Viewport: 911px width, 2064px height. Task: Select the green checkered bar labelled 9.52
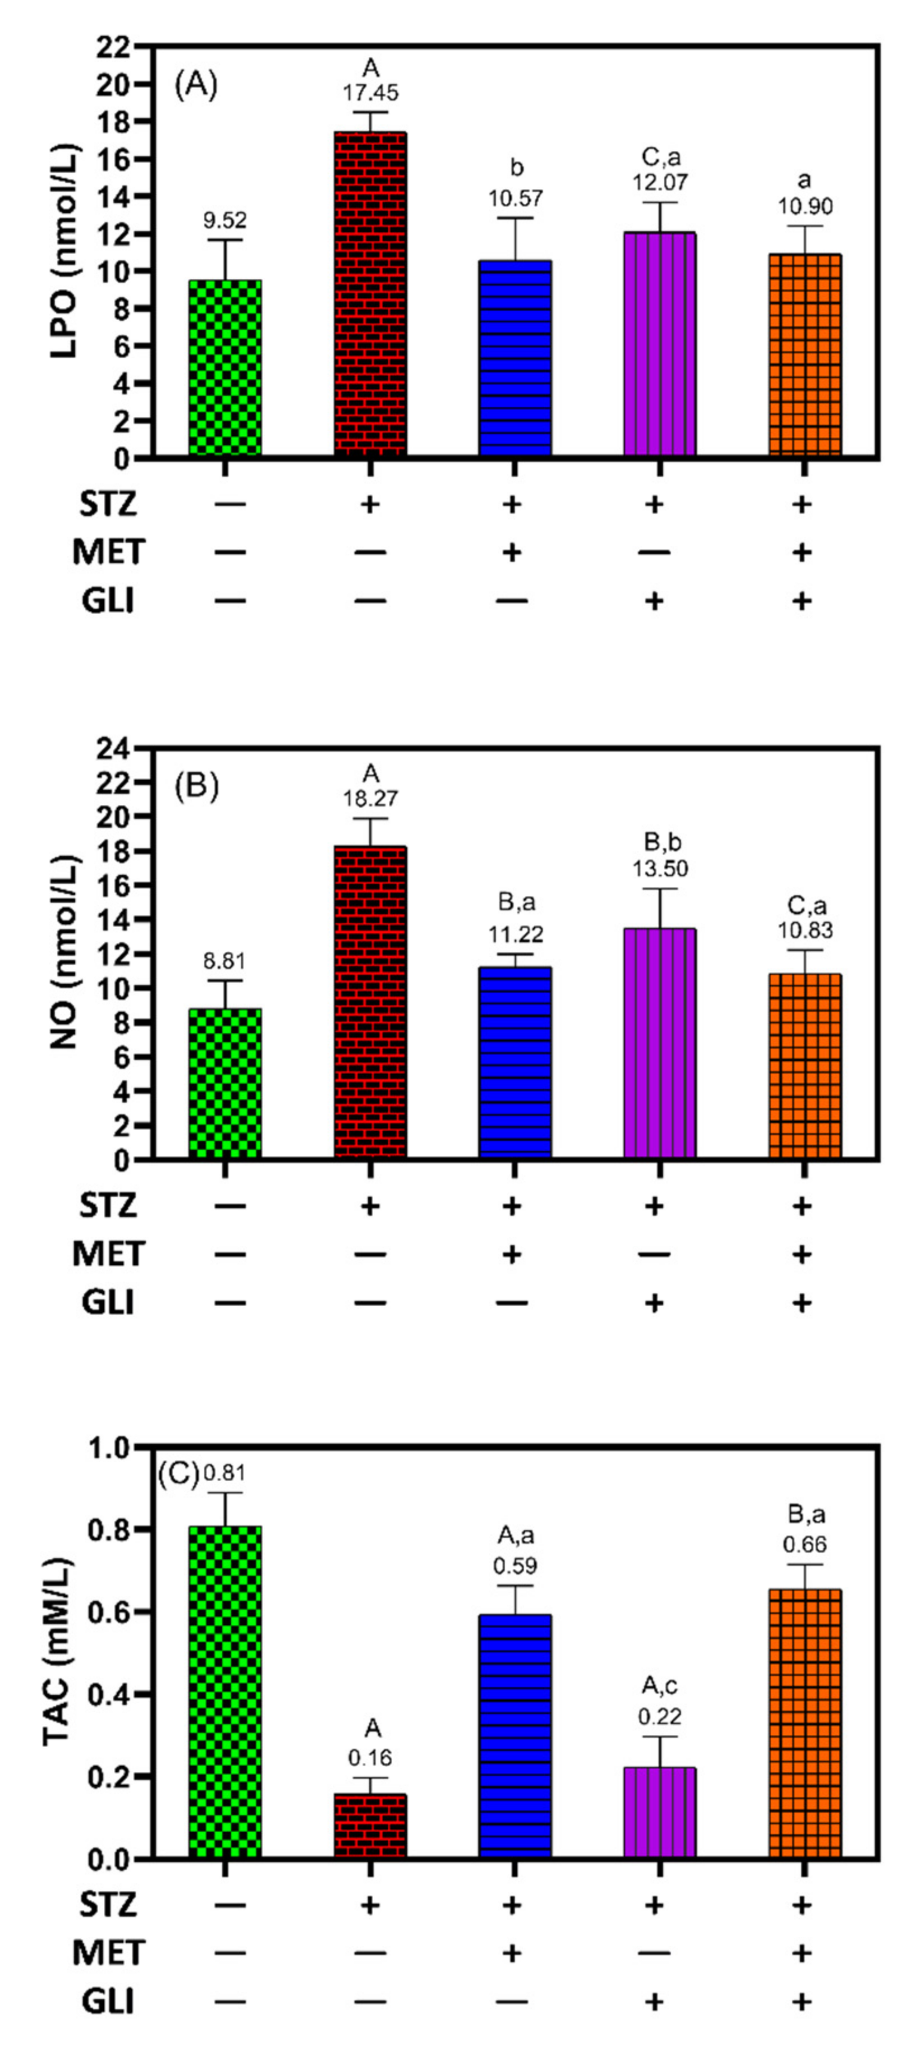[225, 368]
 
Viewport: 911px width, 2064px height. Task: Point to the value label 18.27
[370, 799]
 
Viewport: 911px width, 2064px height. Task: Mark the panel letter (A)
[196, 84]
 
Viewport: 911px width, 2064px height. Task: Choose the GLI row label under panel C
[107, 2002]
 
